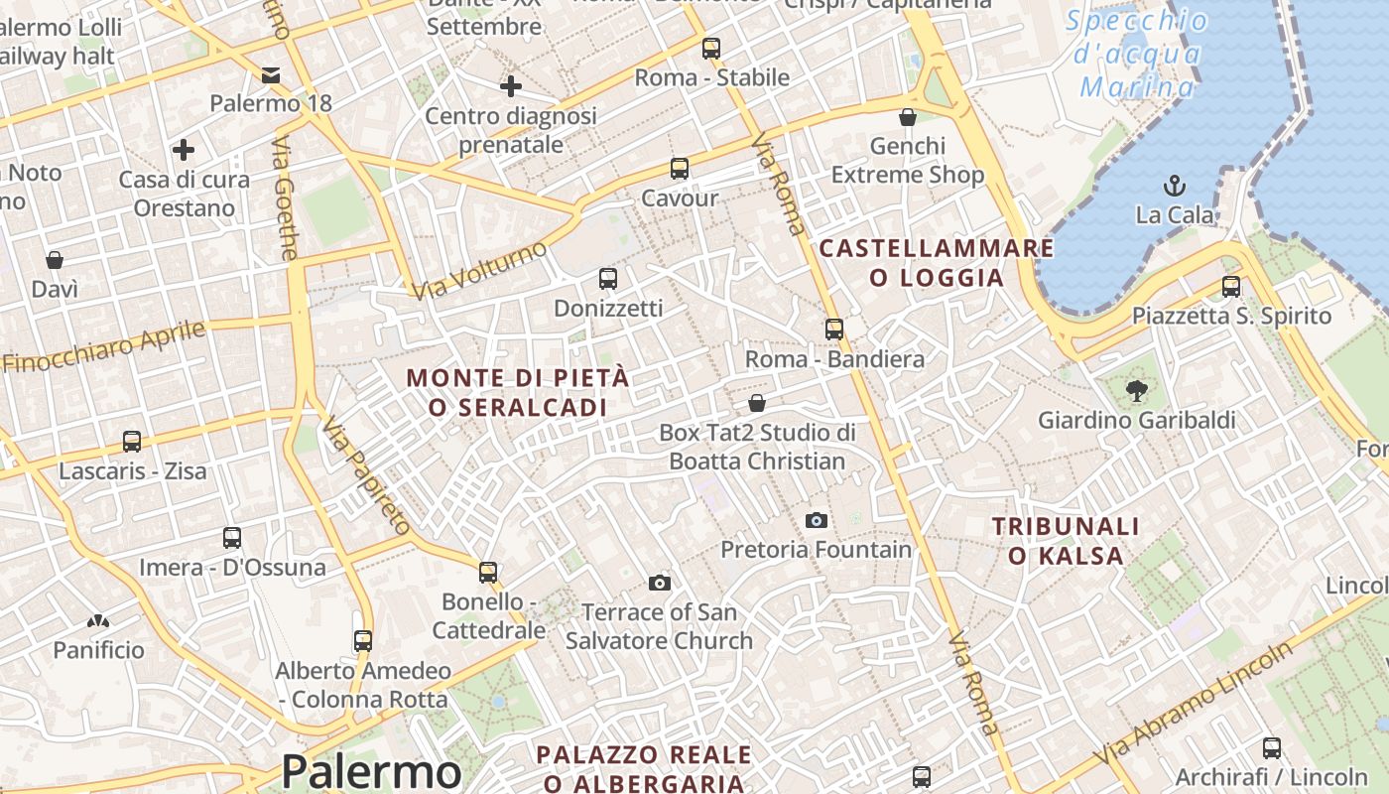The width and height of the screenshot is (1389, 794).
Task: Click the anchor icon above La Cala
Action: [1175, 185]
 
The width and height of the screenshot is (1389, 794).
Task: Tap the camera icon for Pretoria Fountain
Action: [817, 520]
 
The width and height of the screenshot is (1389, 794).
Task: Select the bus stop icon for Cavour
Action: [680, 169]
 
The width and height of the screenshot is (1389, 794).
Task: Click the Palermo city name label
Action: [371, 771]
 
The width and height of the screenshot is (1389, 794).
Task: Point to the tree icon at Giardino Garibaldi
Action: [1137, 391]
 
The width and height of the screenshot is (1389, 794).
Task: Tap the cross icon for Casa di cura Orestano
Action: [184, 150]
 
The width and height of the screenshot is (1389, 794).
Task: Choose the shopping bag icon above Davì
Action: [55, 260]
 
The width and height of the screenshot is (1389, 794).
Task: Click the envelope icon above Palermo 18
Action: [271, 74]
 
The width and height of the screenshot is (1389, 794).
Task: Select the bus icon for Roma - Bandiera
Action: [834, 330]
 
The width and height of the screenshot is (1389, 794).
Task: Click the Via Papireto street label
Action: [367, 475]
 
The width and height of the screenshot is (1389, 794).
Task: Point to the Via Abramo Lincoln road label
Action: [1195, 704]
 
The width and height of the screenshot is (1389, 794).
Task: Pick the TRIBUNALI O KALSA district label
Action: [1066, 541]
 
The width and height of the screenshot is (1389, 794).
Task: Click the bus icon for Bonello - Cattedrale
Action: [488, 572]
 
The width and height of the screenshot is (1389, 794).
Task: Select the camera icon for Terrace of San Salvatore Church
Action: [660, 583]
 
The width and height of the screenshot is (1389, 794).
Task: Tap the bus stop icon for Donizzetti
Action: [608, 279]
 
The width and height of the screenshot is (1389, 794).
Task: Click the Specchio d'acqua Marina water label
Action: [1137, 54]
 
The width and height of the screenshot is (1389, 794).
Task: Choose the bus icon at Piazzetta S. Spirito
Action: [1231, 287]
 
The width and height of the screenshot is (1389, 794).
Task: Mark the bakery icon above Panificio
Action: [98, 622]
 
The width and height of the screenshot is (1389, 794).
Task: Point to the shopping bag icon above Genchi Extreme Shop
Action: [907, 117]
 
